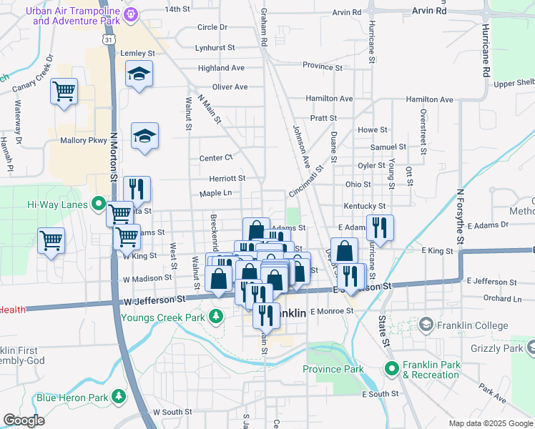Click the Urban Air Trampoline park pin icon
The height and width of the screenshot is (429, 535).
pos(131,14)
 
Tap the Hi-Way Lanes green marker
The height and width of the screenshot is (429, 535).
pos(99,204)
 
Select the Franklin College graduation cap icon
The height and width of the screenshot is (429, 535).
pos(426,325)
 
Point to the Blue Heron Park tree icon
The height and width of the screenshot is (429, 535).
pos(117,397)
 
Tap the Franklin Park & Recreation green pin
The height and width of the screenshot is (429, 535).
pos(392,369)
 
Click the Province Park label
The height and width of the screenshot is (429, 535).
pos(333,370)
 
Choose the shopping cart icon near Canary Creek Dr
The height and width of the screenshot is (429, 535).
pos(64,92)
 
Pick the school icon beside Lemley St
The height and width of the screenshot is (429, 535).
pos(139,73)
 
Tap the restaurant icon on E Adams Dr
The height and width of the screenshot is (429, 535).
pos(380,228)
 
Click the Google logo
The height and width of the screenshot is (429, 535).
pos(24,420)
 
